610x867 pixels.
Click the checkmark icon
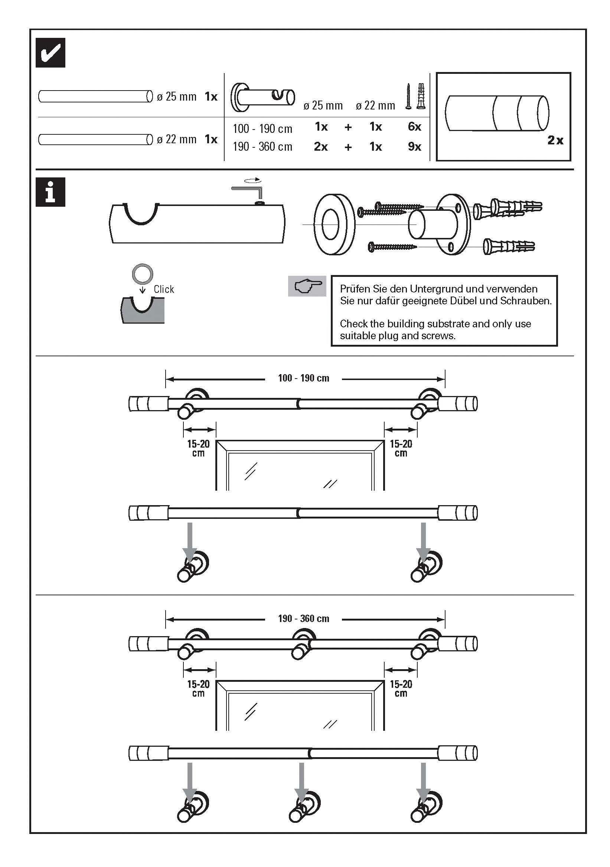pos(50,53)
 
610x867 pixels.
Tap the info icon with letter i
pos(50,192)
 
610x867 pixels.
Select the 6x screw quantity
pos(414,127)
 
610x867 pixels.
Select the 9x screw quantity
pos(414,147)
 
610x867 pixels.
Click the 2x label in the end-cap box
pos(555,140)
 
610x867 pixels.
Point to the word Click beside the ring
pos(164,289)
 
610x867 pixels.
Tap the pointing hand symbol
pos(307,286)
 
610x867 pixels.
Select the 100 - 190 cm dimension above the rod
pos(303,378)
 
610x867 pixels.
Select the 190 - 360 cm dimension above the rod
pos(303,619)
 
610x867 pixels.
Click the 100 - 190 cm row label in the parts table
pos(262,129)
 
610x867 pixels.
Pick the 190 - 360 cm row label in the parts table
pos(262,147)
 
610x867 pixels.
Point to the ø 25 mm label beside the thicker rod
pos(176,96)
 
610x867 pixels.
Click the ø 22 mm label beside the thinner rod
pos(176,139)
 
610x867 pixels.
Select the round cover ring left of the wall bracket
pos(334,225)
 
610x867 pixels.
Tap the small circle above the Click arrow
pos(143,274)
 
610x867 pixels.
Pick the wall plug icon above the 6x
pos(421,96)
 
